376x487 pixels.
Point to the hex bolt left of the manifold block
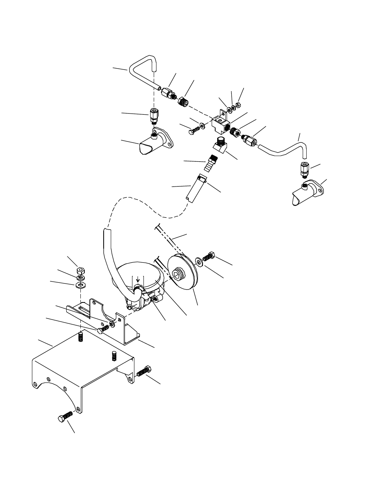[193, 131]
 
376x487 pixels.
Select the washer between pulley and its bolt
[199, 262]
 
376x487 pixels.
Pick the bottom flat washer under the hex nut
[80, 285]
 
